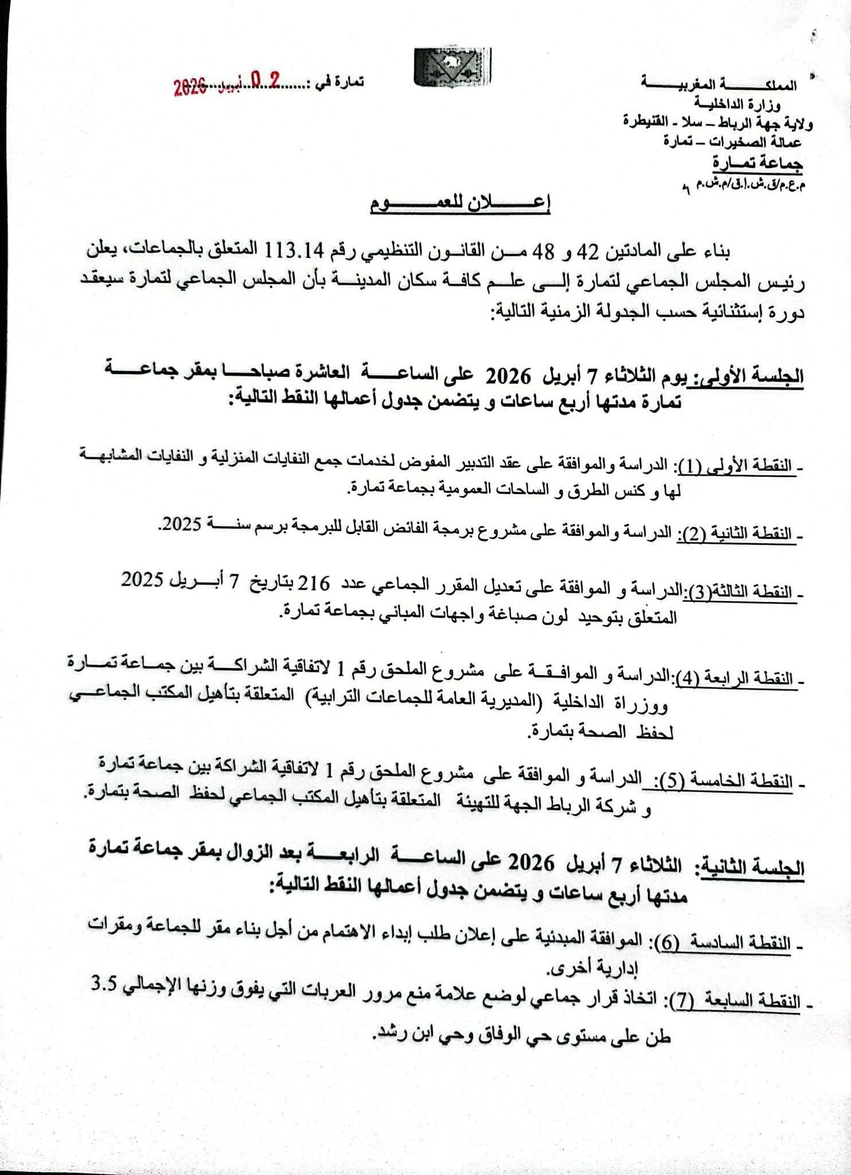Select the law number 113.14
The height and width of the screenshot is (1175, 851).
coord(293,251)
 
